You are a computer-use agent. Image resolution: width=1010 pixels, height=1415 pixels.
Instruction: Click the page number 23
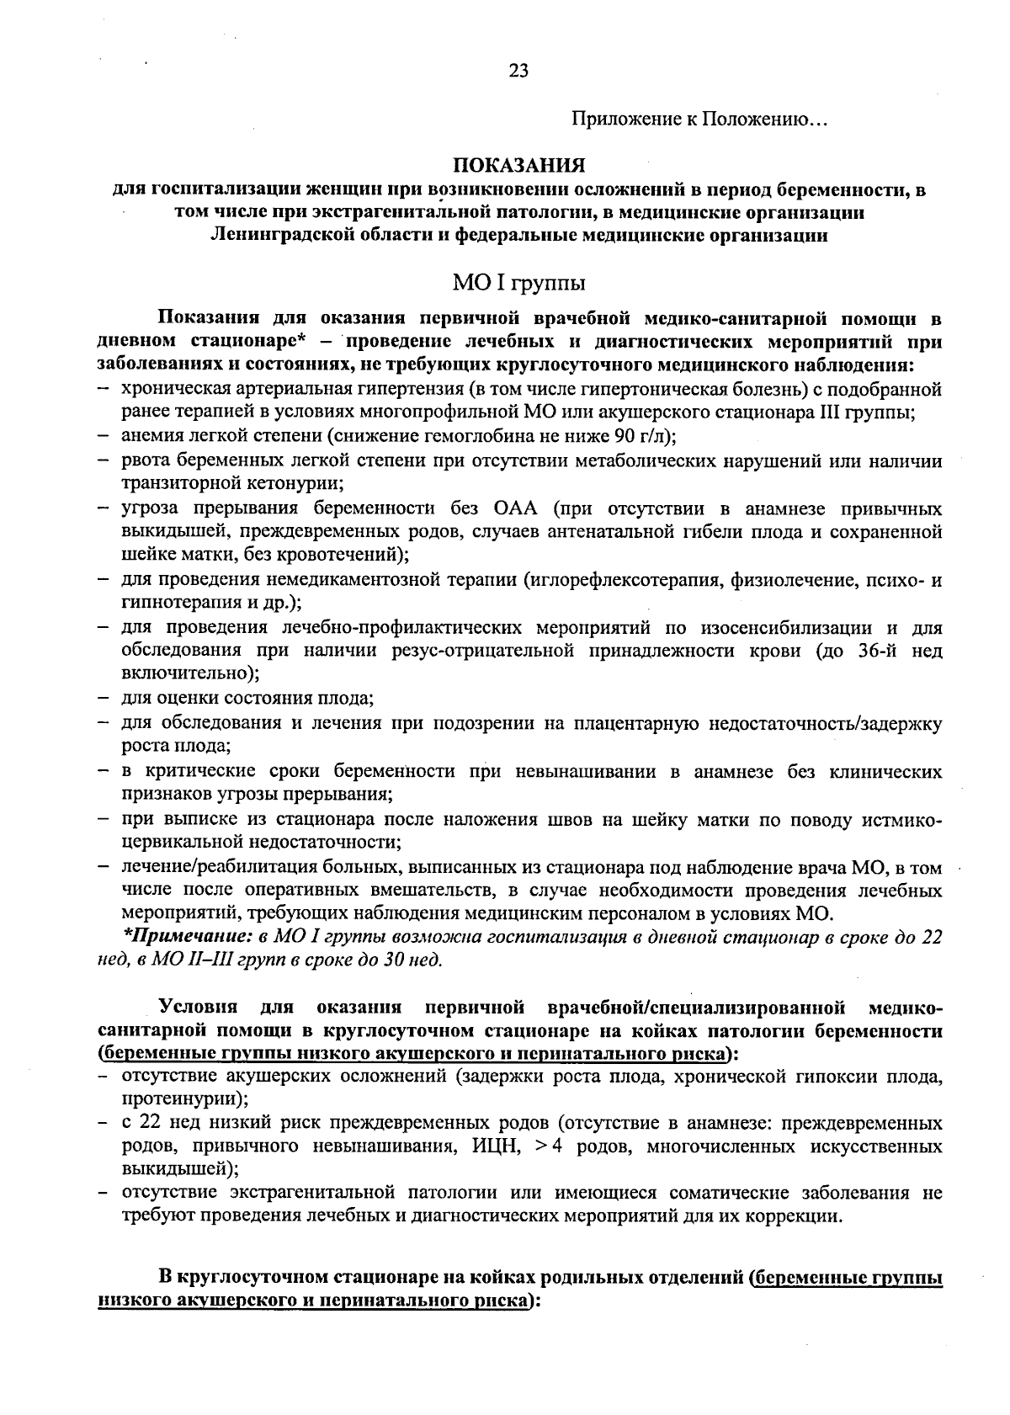click(x=518, y=72)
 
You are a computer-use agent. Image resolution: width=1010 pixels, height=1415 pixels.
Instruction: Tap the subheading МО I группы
click(x=519, y=281)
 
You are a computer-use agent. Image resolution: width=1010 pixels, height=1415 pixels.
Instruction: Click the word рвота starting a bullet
click(x=145, y=461)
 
